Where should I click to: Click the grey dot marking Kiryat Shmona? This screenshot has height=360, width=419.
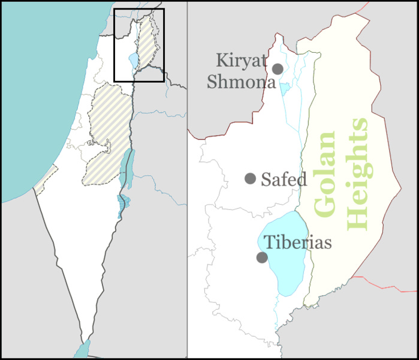[x=278, y=69]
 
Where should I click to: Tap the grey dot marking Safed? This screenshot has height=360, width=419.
[x=251, y=178]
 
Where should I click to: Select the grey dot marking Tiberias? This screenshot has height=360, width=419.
[x=262, y=257]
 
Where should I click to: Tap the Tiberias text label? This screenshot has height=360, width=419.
[x=298, y=243]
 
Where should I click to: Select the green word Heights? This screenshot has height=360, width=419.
[x=358, y=174]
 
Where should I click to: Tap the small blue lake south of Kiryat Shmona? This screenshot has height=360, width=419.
[x=285, y=88]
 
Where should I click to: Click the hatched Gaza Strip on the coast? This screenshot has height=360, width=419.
[x=46, y=181]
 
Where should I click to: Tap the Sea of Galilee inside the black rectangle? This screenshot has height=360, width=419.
[x=132, y=61]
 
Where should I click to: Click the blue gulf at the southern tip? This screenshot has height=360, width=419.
[x=83, y=350]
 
